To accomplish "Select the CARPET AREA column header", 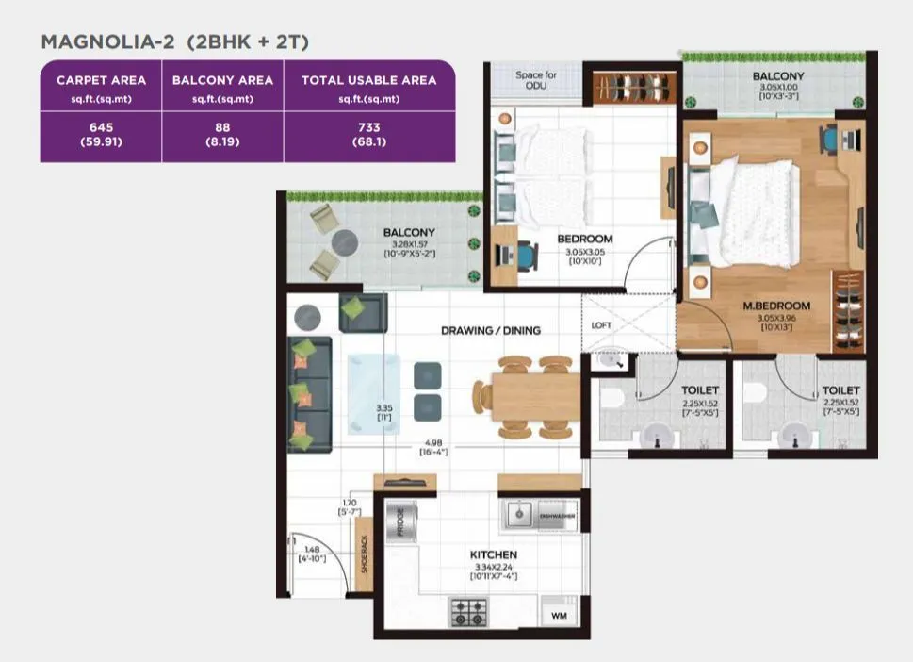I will [x=101, y=80].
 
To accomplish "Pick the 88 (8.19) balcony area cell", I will [x=222, y=136].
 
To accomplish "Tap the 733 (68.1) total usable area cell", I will [x=368, y=136].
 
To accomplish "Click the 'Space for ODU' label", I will [x=536, y=79].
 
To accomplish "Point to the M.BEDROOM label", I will [x=776, y=306].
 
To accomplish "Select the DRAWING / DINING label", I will [x=490, y=330].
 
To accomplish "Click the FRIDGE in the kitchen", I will [x=400, y=521].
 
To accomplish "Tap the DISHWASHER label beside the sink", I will [x=557, y=516].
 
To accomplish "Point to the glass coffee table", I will [x=372, y=392].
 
